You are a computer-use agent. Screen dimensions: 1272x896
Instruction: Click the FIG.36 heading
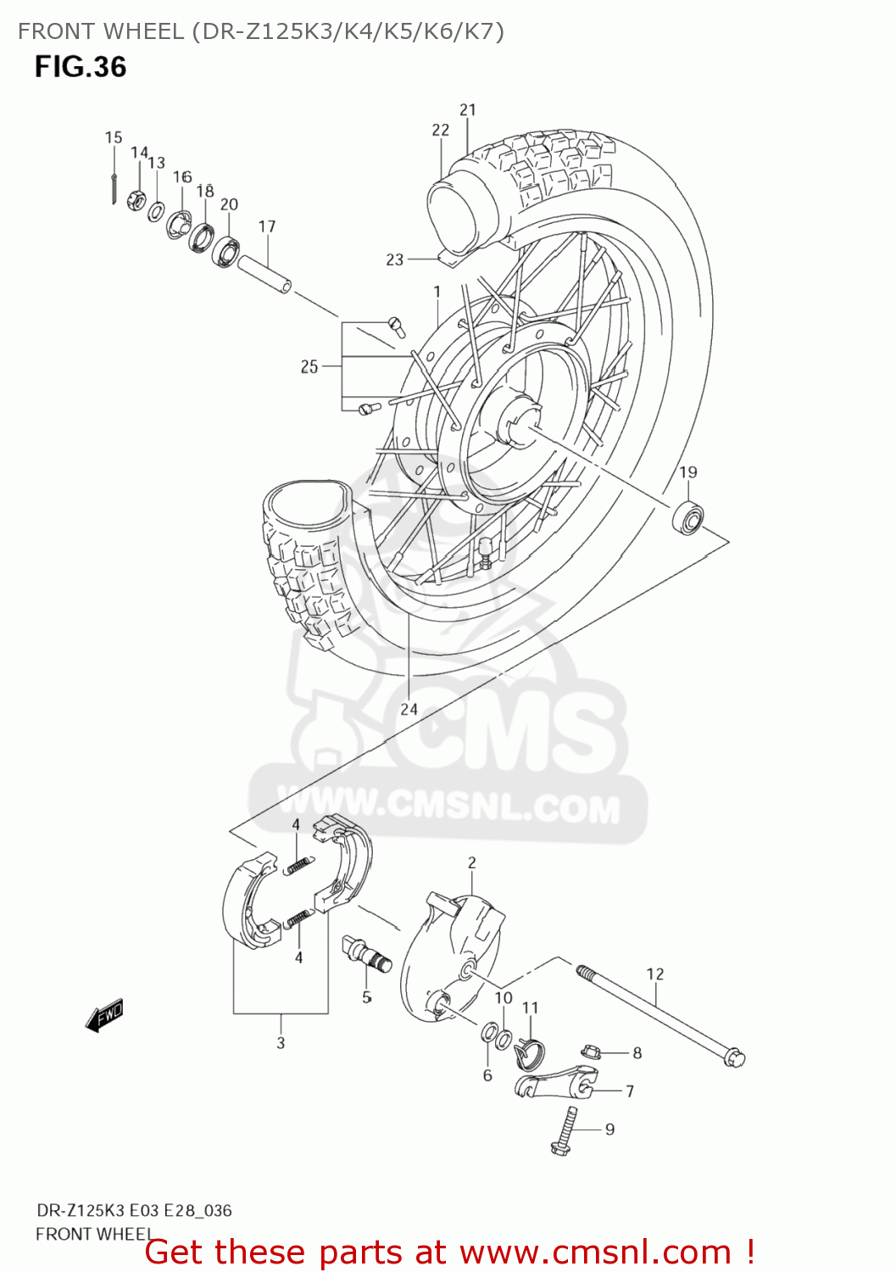81,67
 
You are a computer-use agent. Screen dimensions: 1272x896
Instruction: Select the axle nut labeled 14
135,201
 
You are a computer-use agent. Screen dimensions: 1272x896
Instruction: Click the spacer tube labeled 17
264,273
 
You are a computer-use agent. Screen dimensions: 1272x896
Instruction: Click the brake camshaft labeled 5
367,953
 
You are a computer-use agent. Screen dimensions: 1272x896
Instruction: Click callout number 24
409,709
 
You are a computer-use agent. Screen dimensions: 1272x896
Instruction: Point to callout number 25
309,366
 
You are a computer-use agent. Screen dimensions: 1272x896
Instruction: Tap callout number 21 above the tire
468,109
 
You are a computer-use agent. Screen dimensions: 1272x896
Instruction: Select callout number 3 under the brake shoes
281,1043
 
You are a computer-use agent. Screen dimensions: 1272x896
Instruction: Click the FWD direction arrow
105,1014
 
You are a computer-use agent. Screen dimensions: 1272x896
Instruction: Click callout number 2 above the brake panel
472,862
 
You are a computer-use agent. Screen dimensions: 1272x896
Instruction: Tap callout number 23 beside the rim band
395,259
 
